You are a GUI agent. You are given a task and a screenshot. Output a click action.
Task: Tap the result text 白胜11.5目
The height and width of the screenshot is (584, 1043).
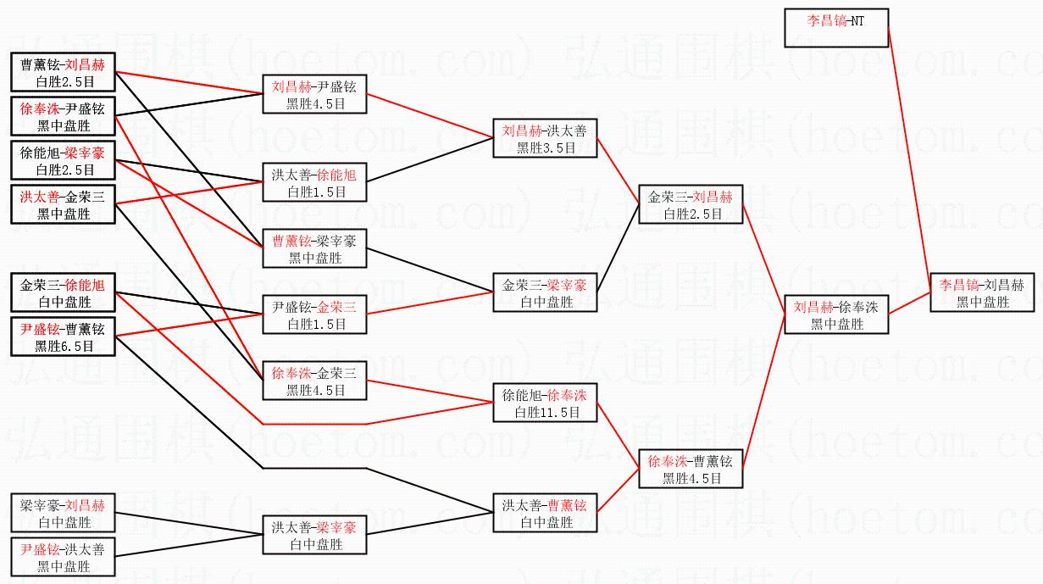point(547,412)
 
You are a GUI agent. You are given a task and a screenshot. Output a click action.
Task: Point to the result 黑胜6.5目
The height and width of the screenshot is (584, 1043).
point(64,346)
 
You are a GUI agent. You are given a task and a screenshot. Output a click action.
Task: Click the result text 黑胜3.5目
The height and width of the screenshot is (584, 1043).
point(546,147)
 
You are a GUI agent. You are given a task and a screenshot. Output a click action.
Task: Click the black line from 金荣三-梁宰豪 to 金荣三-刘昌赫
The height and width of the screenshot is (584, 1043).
point(618,248)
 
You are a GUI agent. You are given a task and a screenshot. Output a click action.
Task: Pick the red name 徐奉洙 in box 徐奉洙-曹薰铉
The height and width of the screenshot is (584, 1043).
point(668,461)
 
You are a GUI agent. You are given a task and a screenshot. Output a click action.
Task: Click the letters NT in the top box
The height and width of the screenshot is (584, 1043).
point(857,21)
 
